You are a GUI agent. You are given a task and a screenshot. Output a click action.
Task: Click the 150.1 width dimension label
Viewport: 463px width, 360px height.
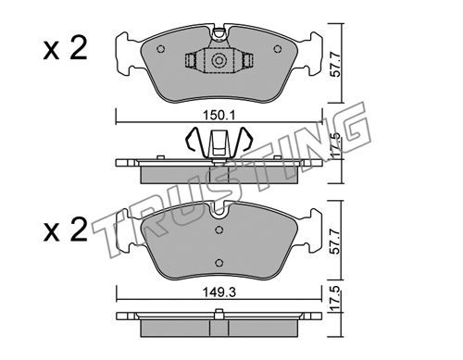pos(219,116)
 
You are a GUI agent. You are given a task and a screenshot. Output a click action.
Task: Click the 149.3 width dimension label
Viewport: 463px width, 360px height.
pos(219,292)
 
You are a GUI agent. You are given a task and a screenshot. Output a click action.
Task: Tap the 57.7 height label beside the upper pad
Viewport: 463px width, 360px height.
pos(336,65)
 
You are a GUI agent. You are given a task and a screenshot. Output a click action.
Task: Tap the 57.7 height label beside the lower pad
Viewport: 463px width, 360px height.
pos(335,242)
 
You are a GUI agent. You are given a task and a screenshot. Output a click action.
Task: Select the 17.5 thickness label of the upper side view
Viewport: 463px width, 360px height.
pos(336,144)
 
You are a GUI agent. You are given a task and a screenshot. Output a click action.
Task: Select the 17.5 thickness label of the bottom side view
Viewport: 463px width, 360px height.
pos(336,299)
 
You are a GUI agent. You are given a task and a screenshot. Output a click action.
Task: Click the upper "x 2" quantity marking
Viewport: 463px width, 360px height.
pos(66,49)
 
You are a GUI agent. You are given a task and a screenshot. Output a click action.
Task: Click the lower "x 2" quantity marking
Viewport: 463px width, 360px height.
pos(66,230)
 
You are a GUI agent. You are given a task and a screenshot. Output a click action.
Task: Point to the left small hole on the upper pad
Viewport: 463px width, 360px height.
pos(161,49)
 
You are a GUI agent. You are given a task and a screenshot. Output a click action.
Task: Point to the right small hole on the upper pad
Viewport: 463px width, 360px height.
pos(278,49)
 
